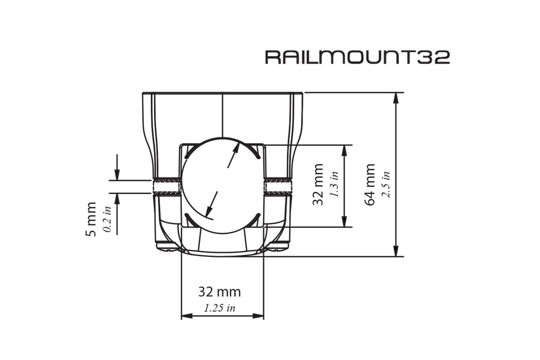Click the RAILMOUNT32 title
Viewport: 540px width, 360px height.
358,58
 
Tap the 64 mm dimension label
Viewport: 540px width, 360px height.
370,184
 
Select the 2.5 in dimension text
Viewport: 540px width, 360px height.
386,184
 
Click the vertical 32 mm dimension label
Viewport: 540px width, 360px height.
318,184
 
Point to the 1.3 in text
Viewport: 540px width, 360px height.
334,184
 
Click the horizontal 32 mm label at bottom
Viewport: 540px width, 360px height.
220,292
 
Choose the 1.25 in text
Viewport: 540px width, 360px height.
220,308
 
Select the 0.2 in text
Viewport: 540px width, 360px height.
107,219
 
